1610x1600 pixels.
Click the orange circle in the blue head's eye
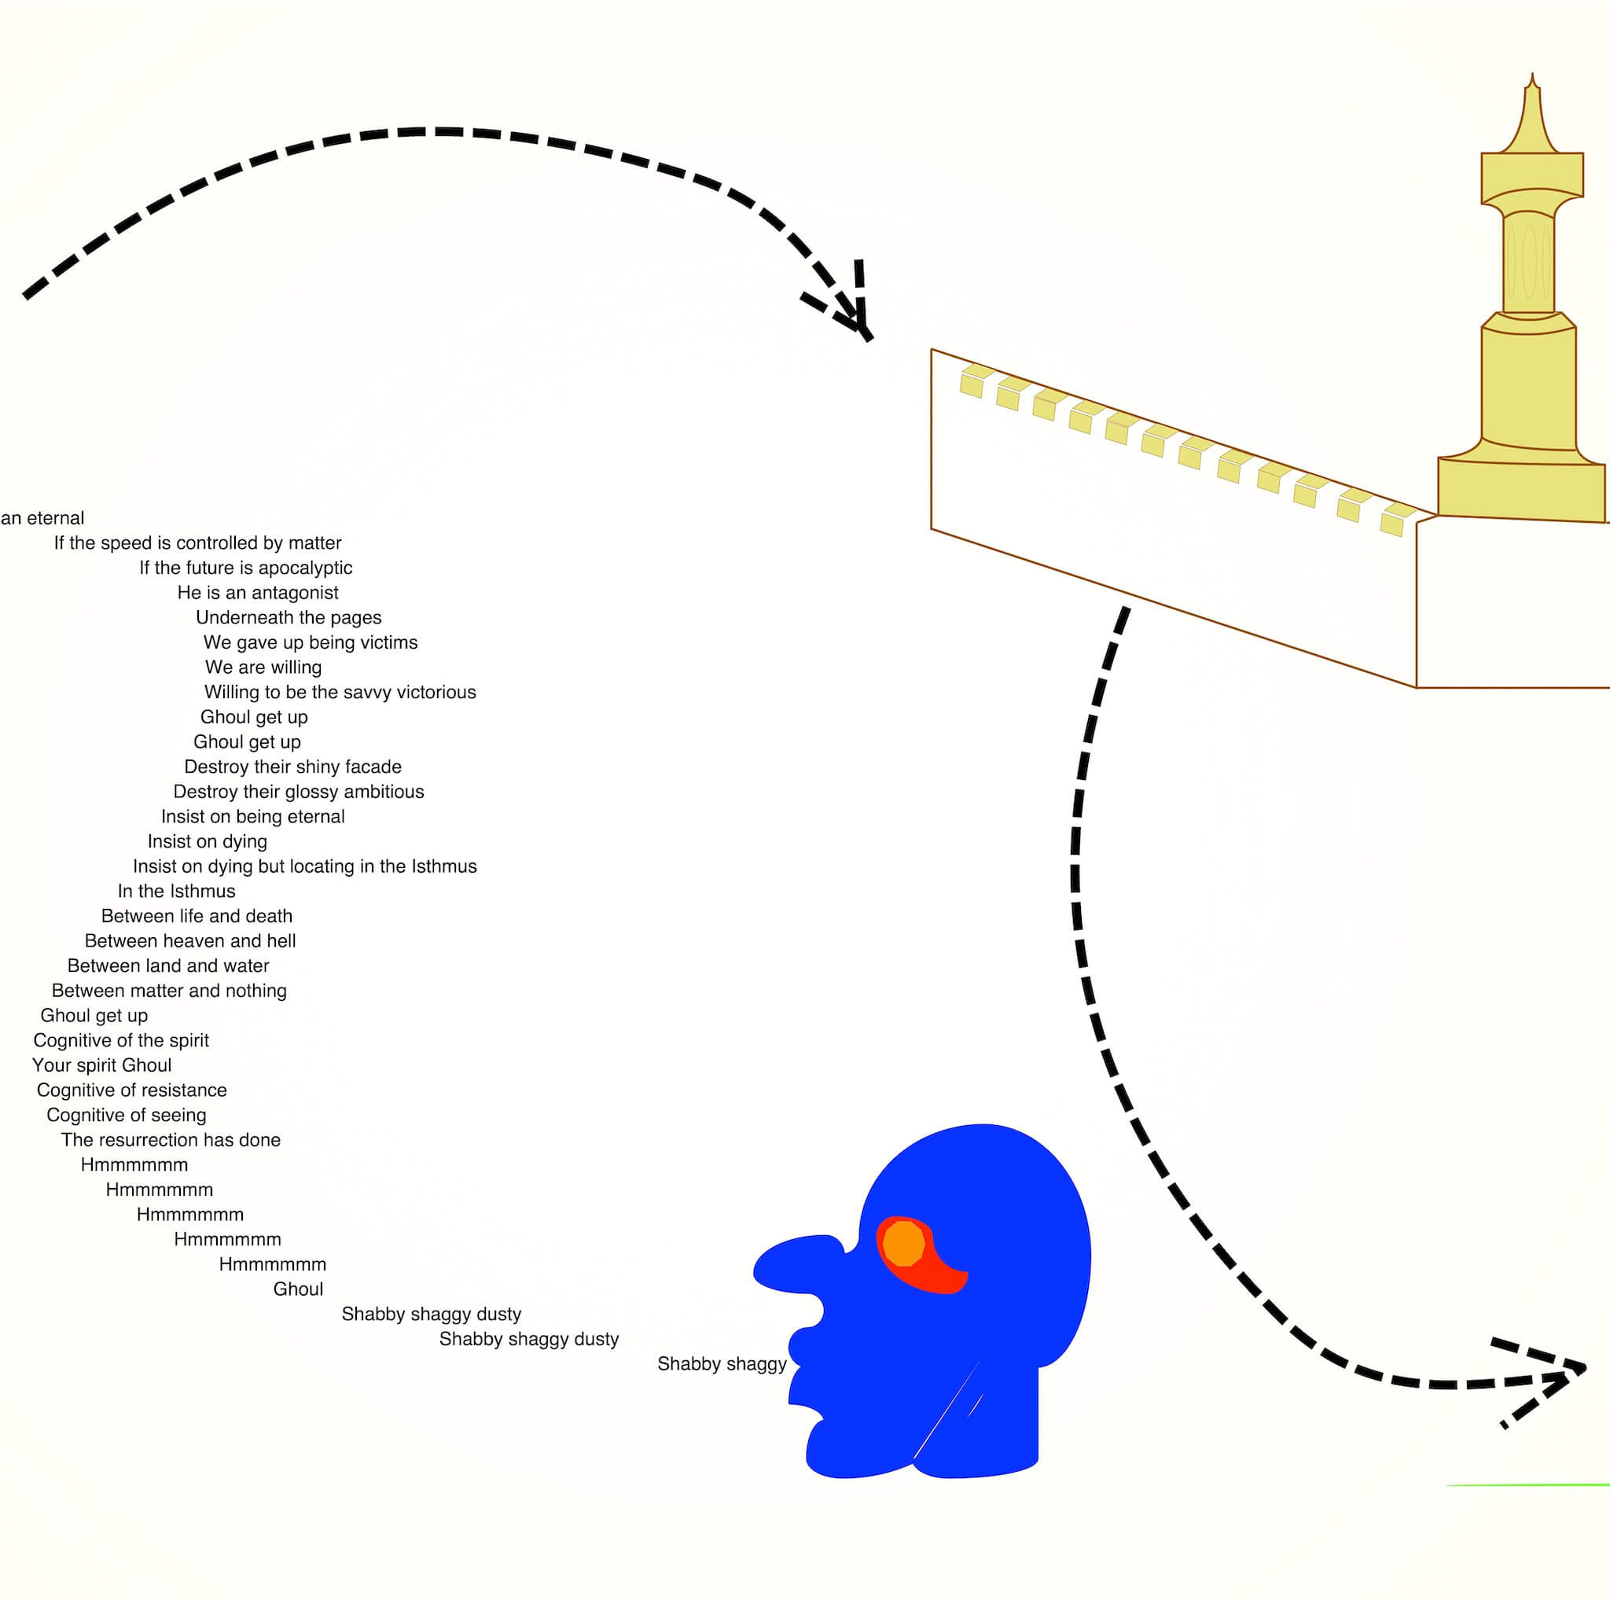click(x=903, y=1244)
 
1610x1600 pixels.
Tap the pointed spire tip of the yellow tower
click(x=1531, y=75)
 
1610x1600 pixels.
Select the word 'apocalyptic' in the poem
click(x=305, y=568)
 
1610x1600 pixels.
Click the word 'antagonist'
click(x=296, y=593)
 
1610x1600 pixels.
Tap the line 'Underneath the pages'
click(x=289, y=617)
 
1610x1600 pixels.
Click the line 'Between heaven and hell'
click(x=190, y=941)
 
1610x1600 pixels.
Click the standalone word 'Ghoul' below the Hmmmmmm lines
click(x=298, y=1289)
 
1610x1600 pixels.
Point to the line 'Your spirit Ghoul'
click(x=101, y=1065)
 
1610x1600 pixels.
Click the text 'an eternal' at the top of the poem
click(x=42, y=518)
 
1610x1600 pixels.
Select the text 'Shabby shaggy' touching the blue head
click(x=722, y=1364)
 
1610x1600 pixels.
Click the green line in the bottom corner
click(x=1528, y=1485)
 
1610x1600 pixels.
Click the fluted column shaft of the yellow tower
click(x=1528, y=263)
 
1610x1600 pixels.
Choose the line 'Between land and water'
click(x=168, y=966)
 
